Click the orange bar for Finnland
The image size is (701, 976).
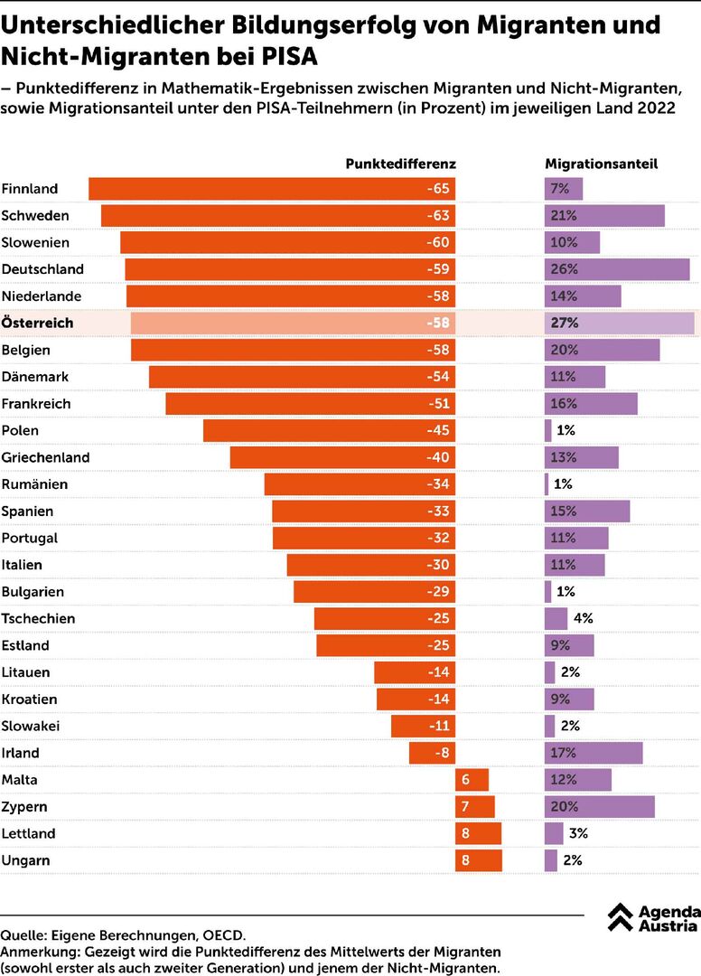[x=271, y=189]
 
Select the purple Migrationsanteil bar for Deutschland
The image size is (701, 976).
[x=617, y=269]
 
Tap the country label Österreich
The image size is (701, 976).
[x=38, y=323]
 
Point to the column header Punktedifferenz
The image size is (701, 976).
[x=400, y=164]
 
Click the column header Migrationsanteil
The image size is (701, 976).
[x=601, y=164]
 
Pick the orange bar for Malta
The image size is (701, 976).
[x=472, y=780]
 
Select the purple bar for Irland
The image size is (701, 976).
[x=594, y=753]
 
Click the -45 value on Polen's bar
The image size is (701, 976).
[x=437, y=431]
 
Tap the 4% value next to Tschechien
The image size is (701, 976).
[x=583, y=619]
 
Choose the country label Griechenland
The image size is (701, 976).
[x=46, y=458]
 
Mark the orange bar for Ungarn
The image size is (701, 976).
[x=479, y=860]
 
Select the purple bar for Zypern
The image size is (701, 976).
[x=599, y=807]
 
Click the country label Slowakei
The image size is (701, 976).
[x=32, y=726]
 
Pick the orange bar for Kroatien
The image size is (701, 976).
[x=416, y=699]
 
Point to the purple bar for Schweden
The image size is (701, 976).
[x=604, y=216]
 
